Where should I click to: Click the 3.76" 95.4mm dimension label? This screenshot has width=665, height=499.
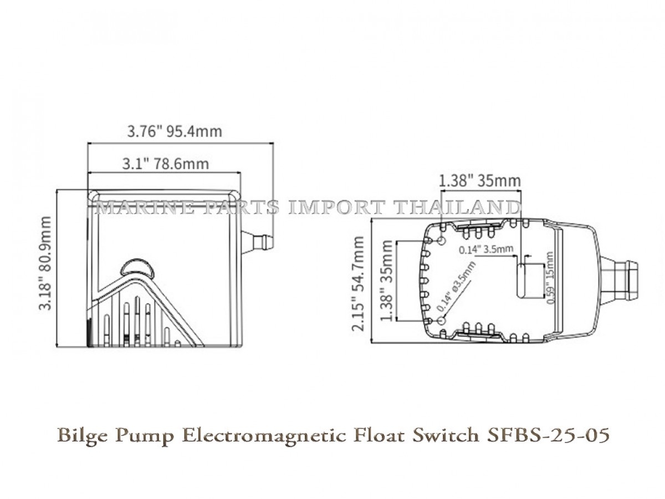click(x=174, y=131)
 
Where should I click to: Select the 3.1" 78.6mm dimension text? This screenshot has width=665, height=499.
click(x=165, y=164)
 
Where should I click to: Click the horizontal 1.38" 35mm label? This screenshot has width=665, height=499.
click(x=479, y=181)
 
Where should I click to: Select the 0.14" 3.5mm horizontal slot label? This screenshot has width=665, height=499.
click(x=485, y=249)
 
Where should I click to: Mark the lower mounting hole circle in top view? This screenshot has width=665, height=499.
click(x=442, y=322)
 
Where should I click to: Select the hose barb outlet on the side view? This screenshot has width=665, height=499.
click(x=259, y=242)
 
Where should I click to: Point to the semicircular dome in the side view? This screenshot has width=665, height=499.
click(x=137, y=267)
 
